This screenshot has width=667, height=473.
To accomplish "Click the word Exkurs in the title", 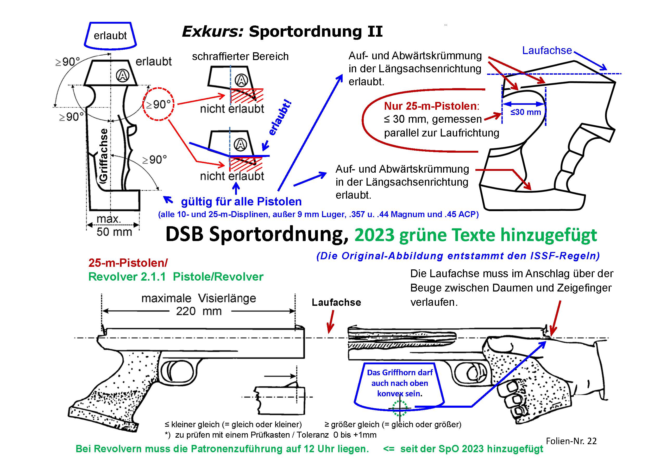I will click(212, 31).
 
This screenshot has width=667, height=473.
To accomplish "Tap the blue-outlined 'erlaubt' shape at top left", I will click(110, 36).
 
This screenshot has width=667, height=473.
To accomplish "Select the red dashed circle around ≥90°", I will click(158, 104).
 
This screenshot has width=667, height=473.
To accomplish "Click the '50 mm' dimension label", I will click(114, 232).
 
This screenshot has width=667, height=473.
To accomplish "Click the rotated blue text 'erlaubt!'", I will click(280, 118).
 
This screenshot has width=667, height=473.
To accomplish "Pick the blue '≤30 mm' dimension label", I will click(526, 112).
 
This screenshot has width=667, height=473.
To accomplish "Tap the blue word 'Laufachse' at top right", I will click(547, 50).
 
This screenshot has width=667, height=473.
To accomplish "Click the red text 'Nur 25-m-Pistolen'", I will click(430, 106).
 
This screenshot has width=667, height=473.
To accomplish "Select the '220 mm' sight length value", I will click(199, 311).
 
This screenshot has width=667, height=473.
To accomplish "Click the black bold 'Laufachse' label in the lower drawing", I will click(336, 302).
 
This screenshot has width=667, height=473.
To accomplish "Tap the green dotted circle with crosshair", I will click(399, 408).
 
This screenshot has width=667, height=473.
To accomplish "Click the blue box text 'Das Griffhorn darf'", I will click(400, 373).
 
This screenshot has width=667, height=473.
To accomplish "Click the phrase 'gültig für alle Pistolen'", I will click(241, 202).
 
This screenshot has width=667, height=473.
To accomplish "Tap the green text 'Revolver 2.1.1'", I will click(127, 277).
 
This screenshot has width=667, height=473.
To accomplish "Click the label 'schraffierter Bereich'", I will click(240, 56).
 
